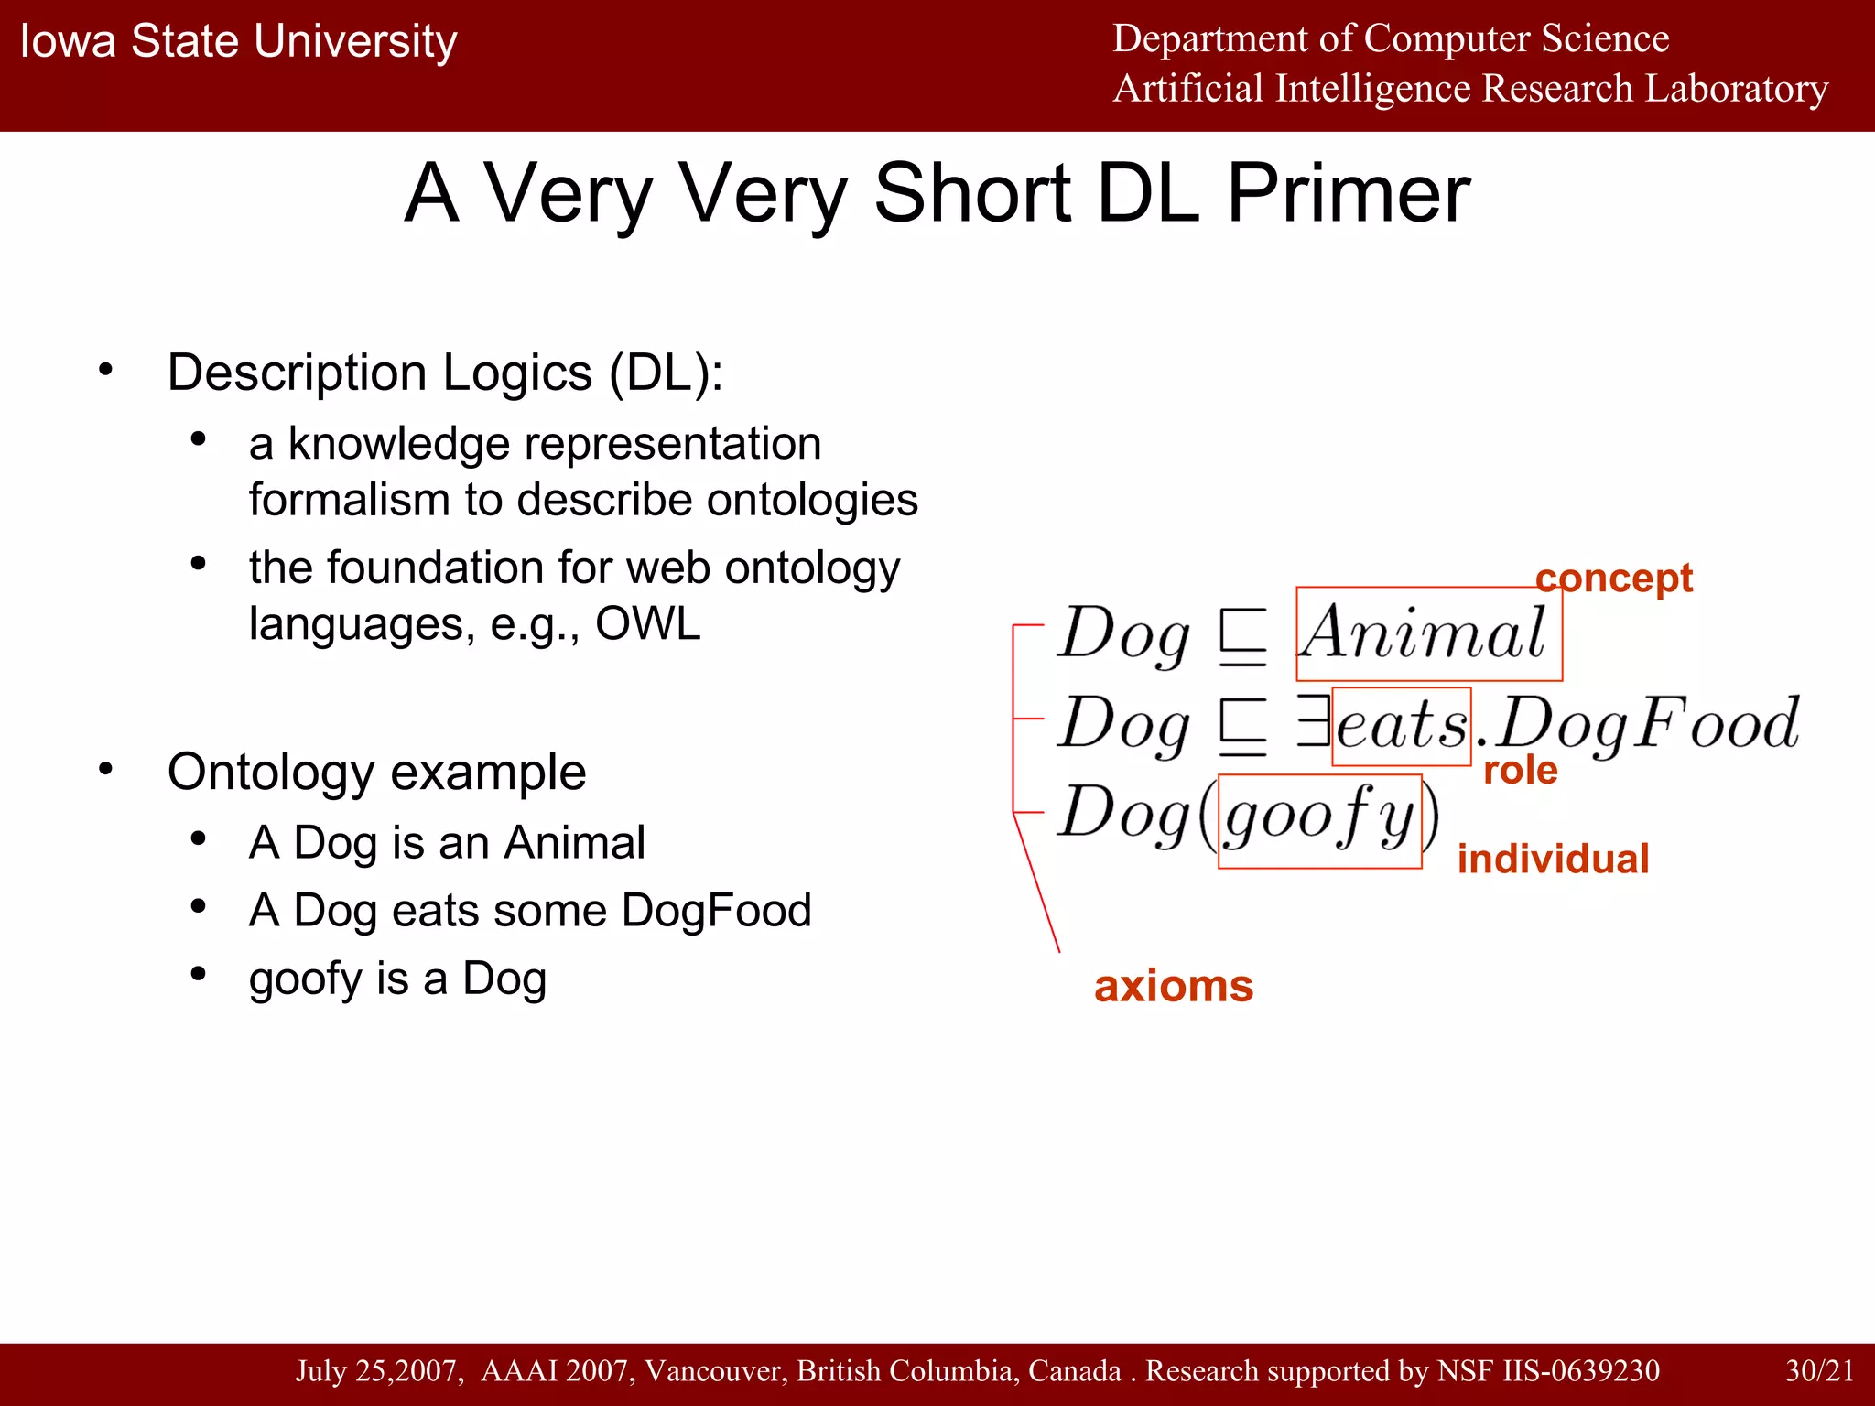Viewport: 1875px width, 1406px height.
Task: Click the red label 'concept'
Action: tap(1613, 579)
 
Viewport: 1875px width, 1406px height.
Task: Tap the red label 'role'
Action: tap(1520, 770)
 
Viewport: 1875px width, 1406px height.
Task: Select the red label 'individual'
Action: tap(1553, 859)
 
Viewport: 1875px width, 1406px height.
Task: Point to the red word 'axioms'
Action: tap(1173, 986)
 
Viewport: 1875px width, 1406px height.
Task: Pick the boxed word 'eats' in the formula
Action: tap(1401, 725)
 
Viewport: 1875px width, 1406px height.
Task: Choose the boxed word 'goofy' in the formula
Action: tap(1318, 817)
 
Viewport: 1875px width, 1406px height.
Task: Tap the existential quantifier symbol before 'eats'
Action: tap(1313, 721)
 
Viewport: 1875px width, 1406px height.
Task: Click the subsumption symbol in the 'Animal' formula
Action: tap(1243, 636)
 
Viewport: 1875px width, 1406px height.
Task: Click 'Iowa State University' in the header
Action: tap(238, 41)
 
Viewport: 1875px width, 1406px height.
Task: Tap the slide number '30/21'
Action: tap(1819, 1370)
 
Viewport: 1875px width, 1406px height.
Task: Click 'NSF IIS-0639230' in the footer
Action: tap(1548, 1370)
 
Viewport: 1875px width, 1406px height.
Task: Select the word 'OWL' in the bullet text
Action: tap(647, 624)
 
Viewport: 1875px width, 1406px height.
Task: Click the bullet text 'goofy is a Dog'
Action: tap(397, 979)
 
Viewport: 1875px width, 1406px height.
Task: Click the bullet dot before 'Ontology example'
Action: tap(106, 769)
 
